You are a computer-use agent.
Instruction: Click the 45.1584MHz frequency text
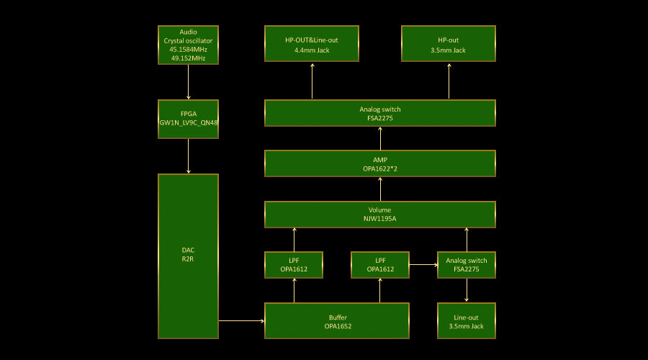188,50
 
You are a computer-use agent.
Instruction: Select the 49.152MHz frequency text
188,58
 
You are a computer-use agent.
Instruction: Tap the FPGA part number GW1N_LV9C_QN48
188,122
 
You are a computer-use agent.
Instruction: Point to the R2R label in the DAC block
188,258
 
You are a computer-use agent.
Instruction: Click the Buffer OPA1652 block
336,320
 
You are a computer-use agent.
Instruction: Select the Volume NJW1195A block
379,214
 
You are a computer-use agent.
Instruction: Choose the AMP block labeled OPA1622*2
379,163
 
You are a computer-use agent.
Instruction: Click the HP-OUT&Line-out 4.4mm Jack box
312,45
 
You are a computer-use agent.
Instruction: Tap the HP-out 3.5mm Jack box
448,45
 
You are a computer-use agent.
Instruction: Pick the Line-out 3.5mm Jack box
466,320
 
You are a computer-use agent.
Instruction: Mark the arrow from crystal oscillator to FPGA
188,81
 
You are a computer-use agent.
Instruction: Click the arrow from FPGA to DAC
188,156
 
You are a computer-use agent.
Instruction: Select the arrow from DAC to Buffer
241,320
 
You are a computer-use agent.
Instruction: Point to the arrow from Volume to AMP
380,189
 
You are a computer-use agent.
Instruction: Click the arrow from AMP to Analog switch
380,138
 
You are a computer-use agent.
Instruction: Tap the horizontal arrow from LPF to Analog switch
423,264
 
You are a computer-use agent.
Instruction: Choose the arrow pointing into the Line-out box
467,290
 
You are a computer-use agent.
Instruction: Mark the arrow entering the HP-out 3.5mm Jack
449,81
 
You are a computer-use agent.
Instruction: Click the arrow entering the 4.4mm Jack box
312,81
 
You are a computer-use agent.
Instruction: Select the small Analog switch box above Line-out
466,264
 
